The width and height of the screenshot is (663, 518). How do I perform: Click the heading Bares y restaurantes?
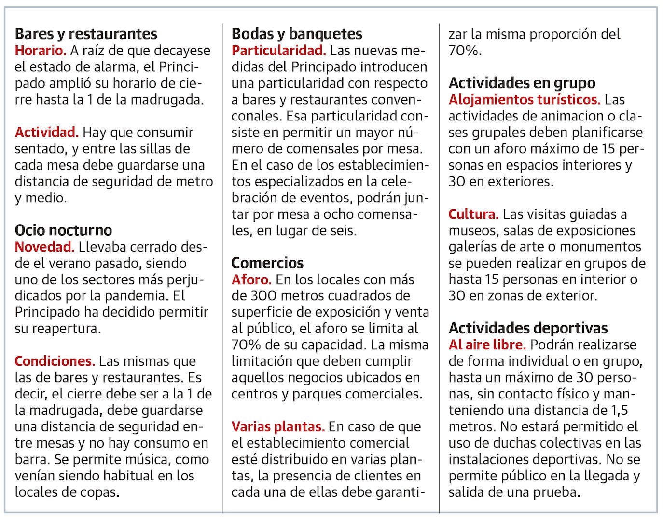point(86,34)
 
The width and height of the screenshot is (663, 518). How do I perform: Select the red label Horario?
point(40,51)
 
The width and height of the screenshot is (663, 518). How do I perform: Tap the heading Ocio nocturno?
point(63,230)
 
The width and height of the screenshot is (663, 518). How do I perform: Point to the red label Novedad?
point(44,247)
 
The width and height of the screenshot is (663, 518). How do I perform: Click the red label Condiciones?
point(55,361)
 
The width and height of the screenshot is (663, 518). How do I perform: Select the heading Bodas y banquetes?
point(297,34)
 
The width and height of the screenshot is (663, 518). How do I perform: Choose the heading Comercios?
point(267,263)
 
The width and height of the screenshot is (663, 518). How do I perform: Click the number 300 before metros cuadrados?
point(262,295)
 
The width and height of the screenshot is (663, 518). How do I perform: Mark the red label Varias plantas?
point(277,426)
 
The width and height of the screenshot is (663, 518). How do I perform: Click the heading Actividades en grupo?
point(522,83)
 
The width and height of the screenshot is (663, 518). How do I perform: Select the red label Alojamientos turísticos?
point(525,100)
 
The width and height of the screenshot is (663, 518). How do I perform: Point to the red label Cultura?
point(473,214)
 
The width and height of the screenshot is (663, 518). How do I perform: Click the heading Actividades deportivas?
point(528,328)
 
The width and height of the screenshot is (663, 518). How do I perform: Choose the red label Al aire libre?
point(487,345)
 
